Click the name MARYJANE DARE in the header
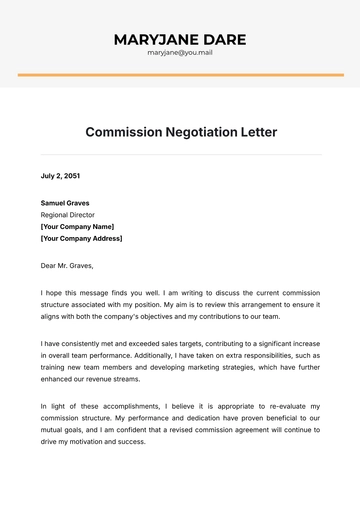pyautogui.click(x=180, y=39)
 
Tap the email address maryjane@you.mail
pyautogui.click(x=180, y=52)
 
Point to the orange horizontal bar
pyautogui.click(x=180, y=74)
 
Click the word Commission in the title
pyautogui.click(x=123, y=132)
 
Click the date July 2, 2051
pyautogui.click(x=59, y=176)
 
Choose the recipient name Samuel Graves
pyautogui.click(x=66, y=203)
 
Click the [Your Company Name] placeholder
pyautogui.click(x=77, y=227)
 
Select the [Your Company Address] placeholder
pyautogui.click(x=81, y=239)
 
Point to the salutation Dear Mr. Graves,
pyautogui.click(x=66, y=266)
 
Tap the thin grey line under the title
pyautogui.click(x=180, y=155)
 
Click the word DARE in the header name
pyautogui.click(x=223, y=39)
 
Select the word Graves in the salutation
pyautogui.click(x=80, y=266)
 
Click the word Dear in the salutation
pyautogui.click(x=48, y=266)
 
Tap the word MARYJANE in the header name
pyautogui.click(x=155, y=39)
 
